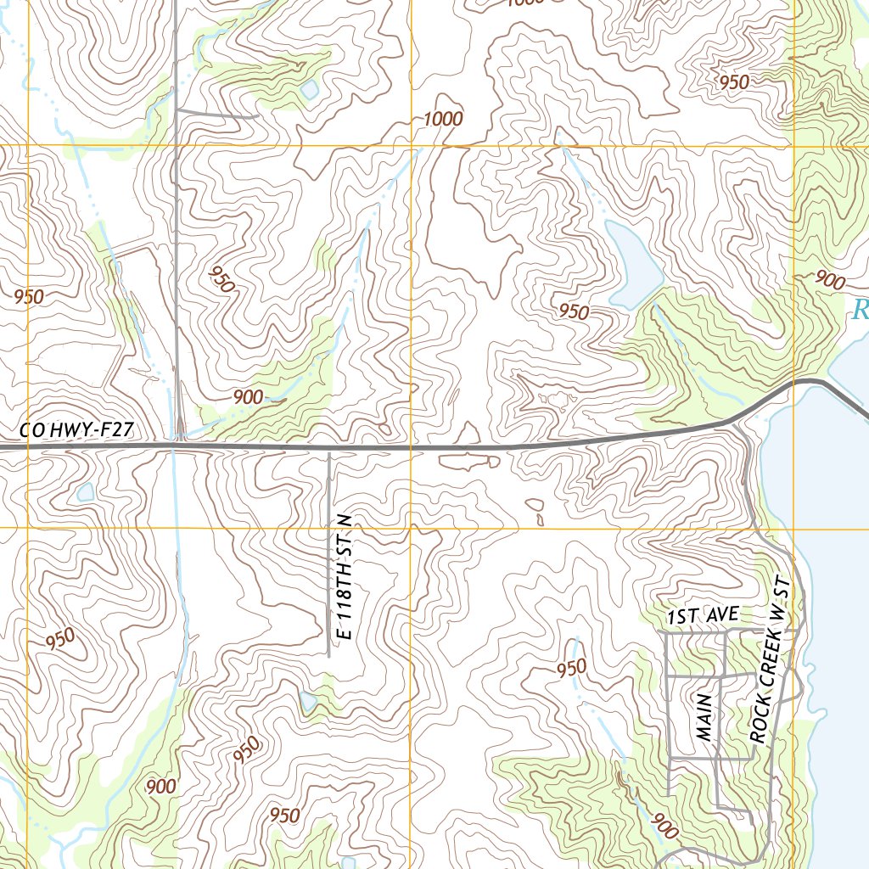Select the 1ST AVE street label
point(704,616)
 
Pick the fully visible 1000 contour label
point(443,120)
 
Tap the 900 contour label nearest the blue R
point(828,279)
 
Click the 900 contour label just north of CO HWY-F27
point(248,396)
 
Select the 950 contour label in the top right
point(734,82)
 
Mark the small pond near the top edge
point(310,89)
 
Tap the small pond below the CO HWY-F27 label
point(86,492)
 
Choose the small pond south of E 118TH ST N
point(308,701)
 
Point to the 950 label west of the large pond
point(574,311)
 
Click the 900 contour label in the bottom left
point(160,787)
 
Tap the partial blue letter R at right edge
point(861,310)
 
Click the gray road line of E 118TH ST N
point(329,552)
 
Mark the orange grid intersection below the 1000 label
point(412,146)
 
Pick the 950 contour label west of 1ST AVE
point(572,669)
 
